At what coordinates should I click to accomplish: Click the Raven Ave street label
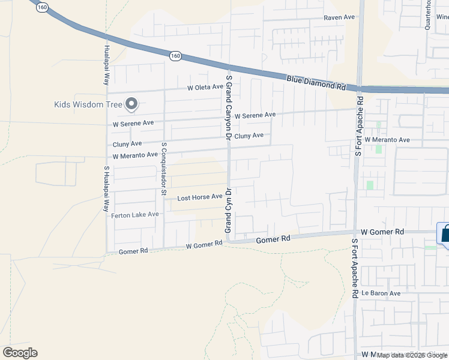tap(340, 18)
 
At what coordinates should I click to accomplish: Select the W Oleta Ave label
tap(205, 88)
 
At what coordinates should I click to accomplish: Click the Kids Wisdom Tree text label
tap(88, 104)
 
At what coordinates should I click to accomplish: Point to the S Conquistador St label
tap(163, 169)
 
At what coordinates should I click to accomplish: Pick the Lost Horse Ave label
tap(200, 197)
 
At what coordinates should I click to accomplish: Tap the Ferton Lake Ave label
tap(135, 214)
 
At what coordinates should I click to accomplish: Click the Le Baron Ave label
tap(381, 293)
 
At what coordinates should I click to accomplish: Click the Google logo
tap(20, 353)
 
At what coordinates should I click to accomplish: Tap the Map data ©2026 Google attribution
tap(412, 355)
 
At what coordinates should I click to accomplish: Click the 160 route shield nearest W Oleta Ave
tap(175, 56)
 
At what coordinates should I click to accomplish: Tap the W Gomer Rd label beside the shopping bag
tap(383, 232)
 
